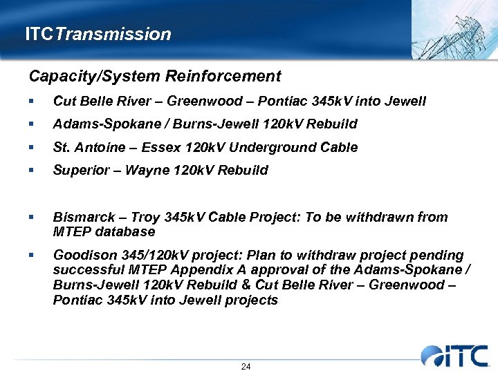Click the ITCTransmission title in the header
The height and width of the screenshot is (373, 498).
98,34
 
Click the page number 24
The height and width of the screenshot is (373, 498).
246,366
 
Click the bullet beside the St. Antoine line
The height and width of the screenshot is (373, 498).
31,148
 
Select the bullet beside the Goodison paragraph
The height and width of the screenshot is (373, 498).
31,256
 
